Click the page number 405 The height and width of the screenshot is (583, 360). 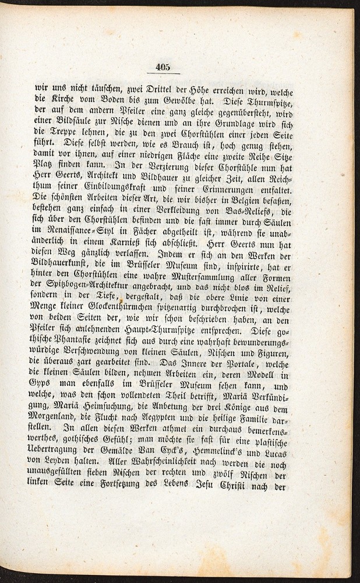(163, 68)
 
